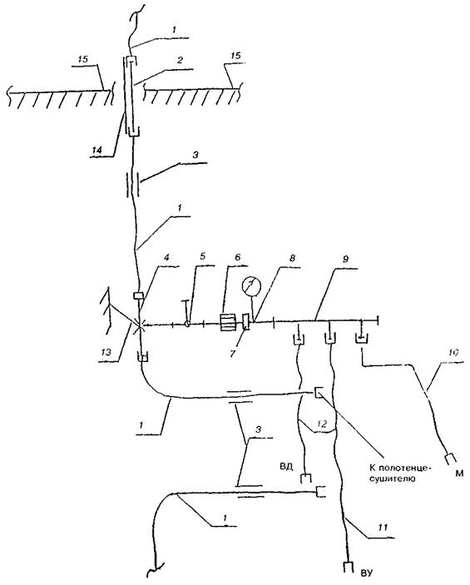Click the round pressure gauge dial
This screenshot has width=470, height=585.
pyautogui.click(x=251, y=285)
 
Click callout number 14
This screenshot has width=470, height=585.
pyautogui.click(x=97, y=150)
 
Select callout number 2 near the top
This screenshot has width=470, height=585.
pyautogui.click(x=180, y=60)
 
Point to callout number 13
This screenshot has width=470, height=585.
pyautogui.click(x=106, y=351)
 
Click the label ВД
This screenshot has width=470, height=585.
pyautogui.click(x=285, y=466)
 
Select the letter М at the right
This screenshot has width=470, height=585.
pyautogui.click(x=459, y=473)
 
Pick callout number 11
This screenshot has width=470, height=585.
pyautogui.click(x=383, y=528)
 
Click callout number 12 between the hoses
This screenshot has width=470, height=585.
pyautogui.click(x=322, y=424)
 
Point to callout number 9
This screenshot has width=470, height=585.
pyautogui.click(x=345, y=259)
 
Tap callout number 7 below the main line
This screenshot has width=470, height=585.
pyautogui.click(x=232, y=353)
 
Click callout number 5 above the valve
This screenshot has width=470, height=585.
pyautogui.click(x=202, y=256)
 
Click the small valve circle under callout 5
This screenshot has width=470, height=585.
pyautogui.click(x=187, y=324)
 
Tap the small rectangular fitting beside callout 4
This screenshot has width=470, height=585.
pyautogui.click(x=138, y=295)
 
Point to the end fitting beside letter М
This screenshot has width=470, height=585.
pyautogui.click(x=450, y=459)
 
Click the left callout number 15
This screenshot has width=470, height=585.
pyautogui.click(x=85, y=59)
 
